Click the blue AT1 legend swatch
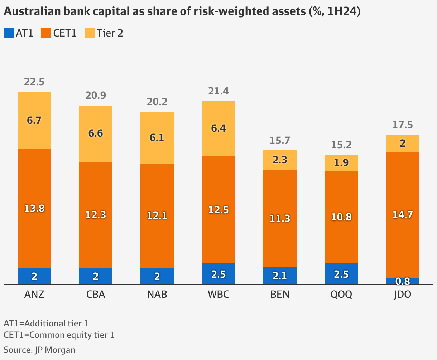point(9,33)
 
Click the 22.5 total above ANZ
point(34,82)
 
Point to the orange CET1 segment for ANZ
point(34,208)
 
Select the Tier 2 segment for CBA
point(96,133)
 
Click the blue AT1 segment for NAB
point(157,276)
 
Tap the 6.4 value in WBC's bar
point(218,128)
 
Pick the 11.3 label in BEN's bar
point(280,218)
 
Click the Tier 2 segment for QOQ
point(341,162)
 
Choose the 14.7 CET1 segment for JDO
point(403,215)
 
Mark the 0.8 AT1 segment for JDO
point(403,281)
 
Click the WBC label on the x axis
point(218,295)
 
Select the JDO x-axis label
point(403,295)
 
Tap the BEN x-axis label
point(280,295)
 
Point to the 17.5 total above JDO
point(403,125)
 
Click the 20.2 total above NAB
point(157,102)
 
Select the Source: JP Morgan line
point(39,350)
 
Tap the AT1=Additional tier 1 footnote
point(46,323)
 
